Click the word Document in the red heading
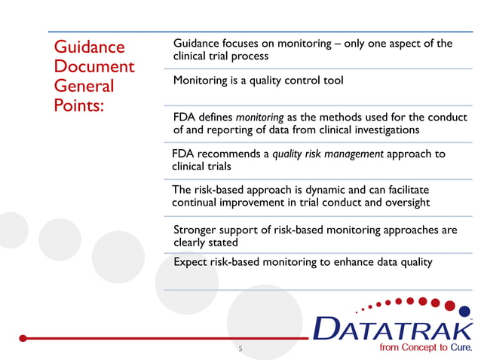click(93, 66)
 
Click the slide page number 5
click(240, 349)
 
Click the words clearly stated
click(205, 243)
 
